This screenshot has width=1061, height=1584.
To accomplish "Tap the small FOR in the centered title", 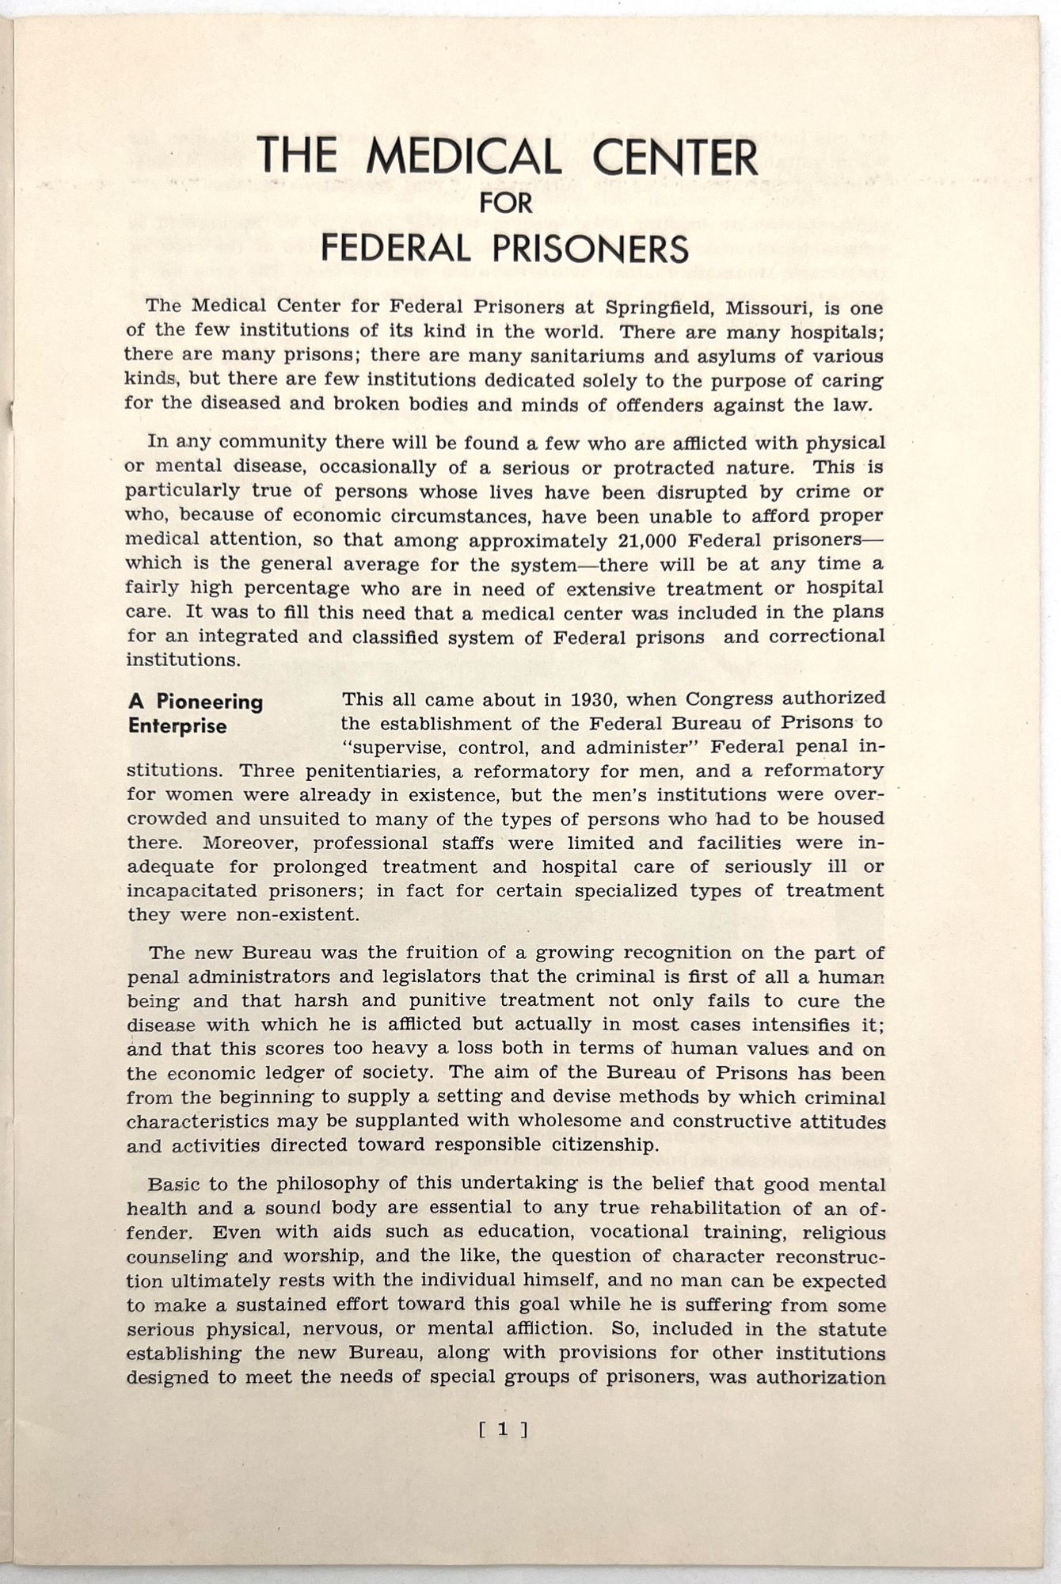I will [507, 203].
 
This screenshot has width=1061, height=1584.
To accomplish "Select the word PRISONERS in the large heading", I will [590, 248].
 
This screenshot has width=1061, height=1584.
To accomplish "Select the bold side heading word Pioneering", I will [209, 702].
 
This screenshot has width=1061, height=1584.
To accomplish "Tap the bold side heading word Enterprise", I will [177, 726].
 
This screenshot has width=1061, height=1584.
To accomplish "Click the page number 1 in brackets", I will [503, 1430].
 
